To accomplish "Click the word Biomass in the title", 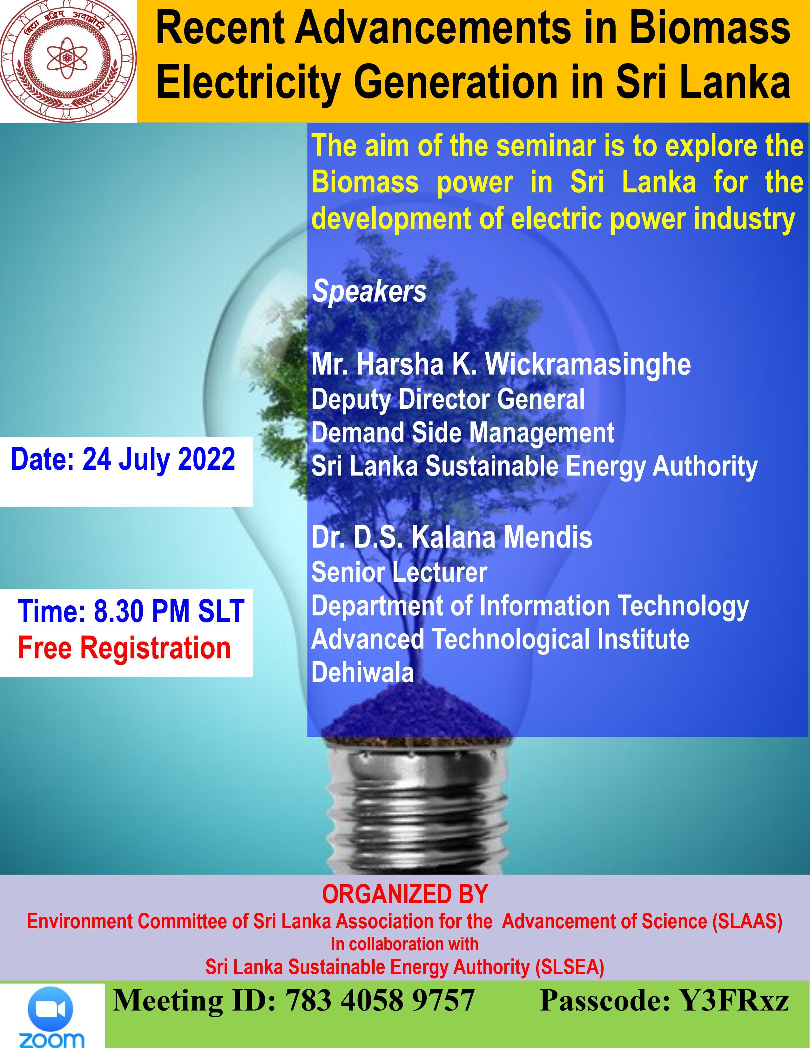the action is pos(710,29).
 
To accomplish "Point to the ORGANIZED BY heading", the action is pos(404,894).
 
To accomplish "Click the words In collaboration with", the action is pos(404,944).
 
